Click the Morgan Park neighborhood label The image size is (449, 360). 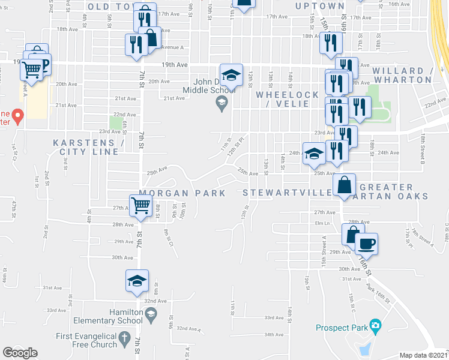(x=182, y=193)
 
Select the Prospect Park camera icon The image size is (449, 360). (x=375, y=327)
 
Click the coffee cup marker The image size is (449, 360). (x=367, y=244)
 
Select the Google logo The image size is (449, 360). (x=20, y=353)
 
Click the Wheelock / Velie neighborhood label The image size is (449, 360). (x=282, y=99)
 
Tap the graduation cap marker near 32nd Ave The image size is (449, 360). (x=137, y=280)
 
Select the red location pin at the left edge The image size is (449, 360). (x=17, y=115)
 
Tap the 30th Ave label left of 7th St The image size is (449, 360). (x=122, y=257)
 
